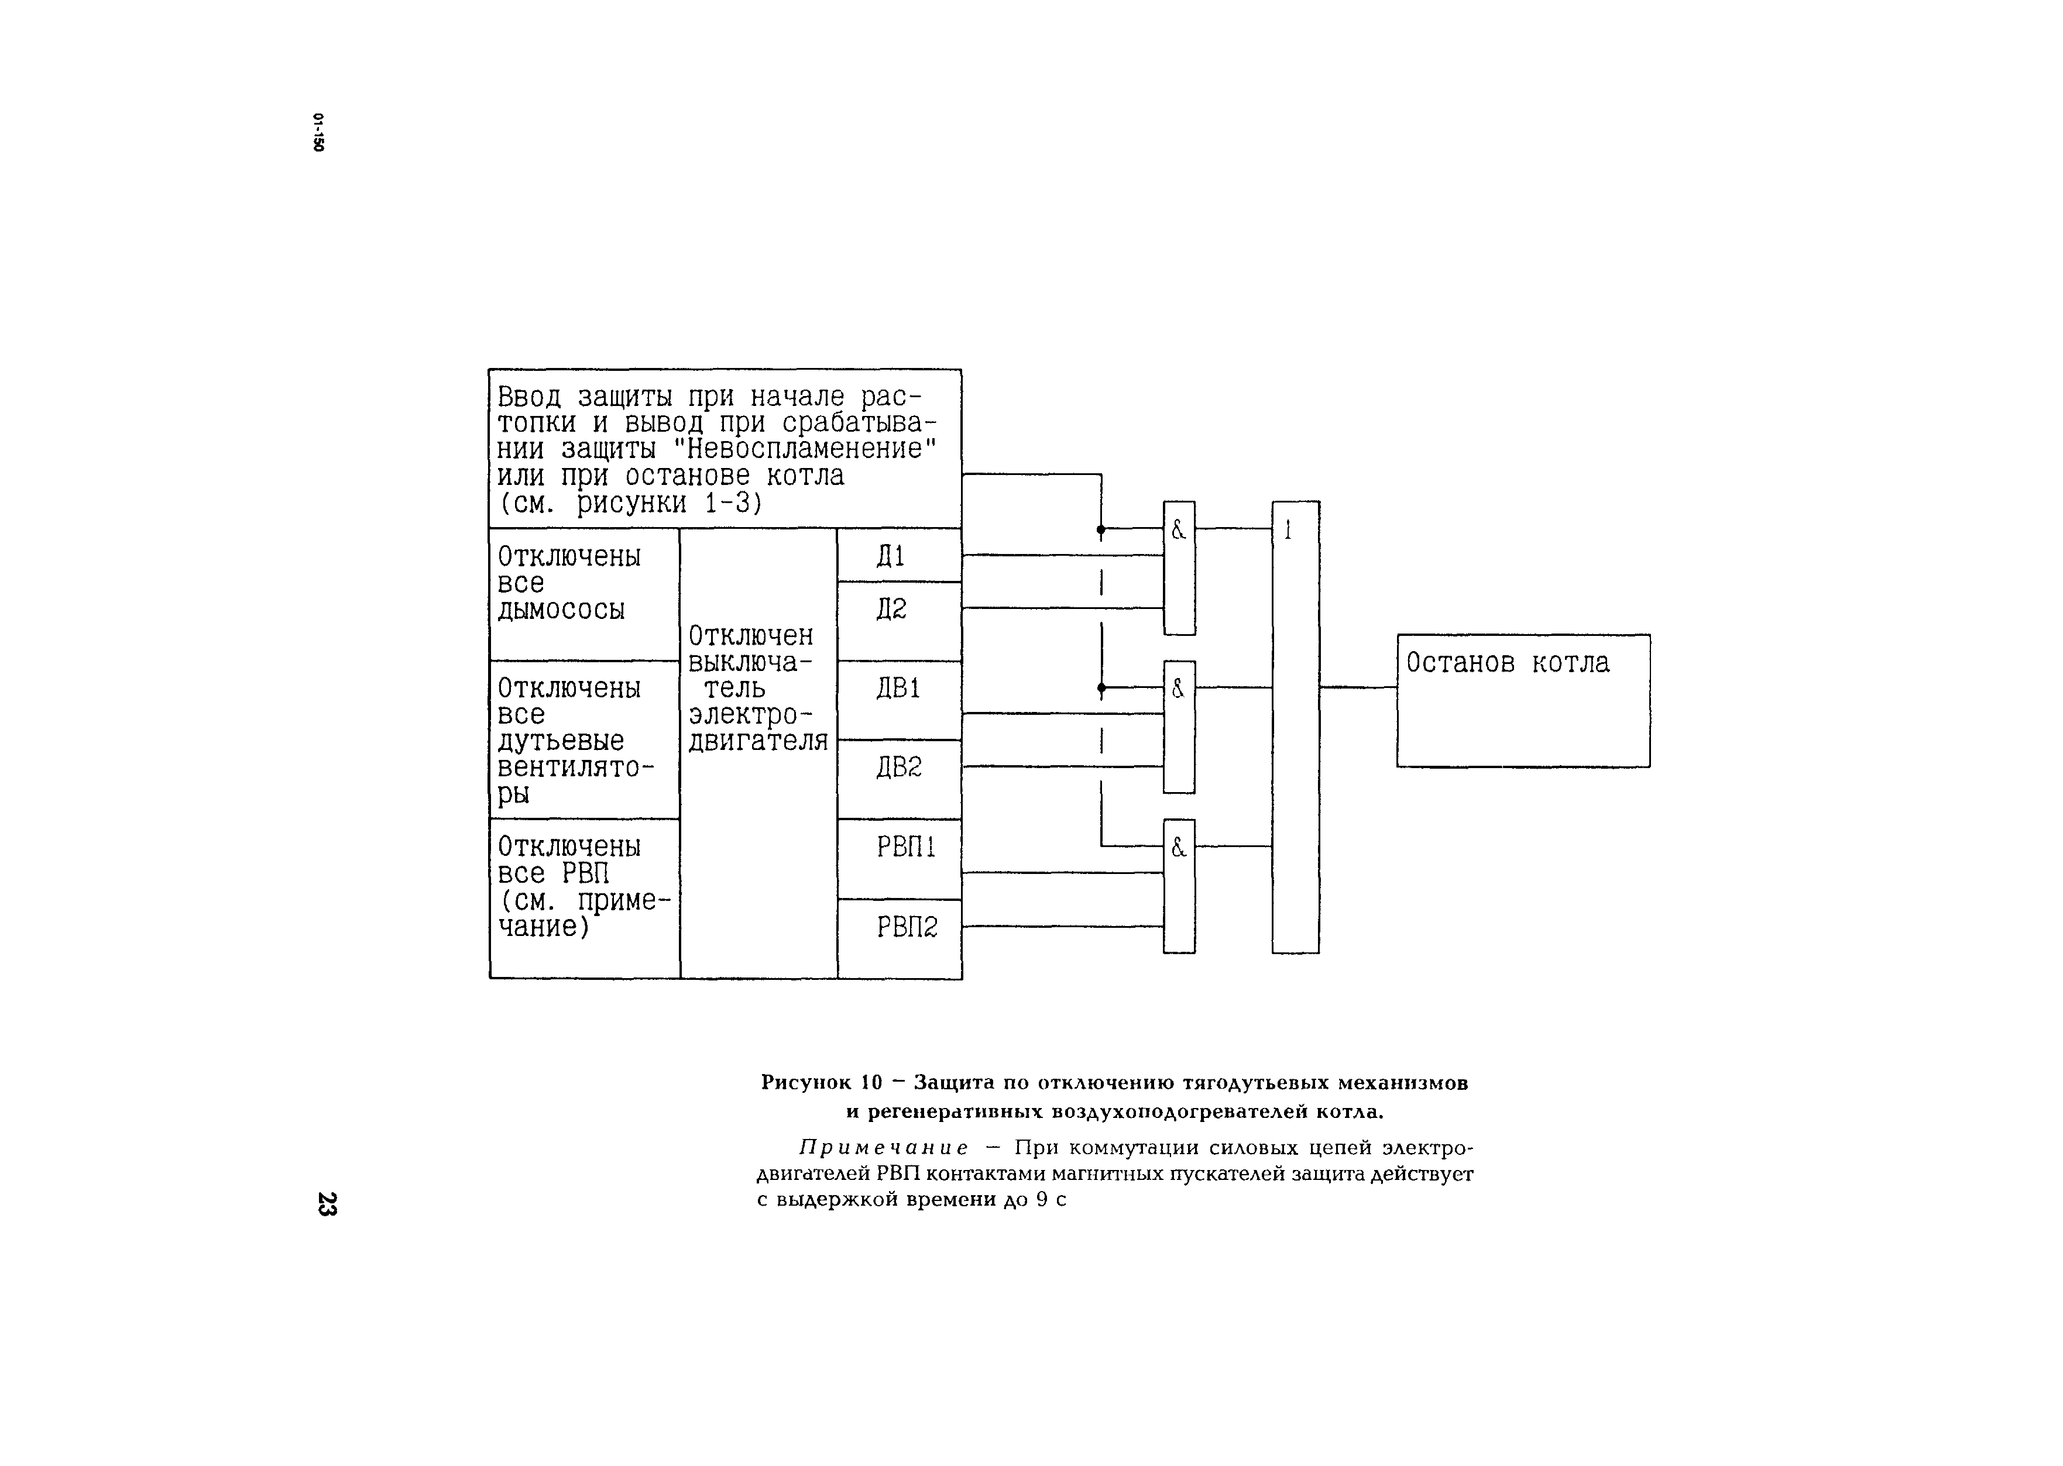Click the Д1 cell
pyautogui.click(x=898, y=555)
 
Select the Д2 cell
pyautogui.click(x=898, y=620)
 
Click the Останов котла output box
pyautogui.click(x=1522, y=700)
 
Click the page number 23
pyautogui.click(x=327, y=1204)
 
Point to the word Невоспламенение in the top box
pyautogui.click(x=806, y=449)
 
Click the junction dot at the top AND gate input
pyautogui.click(x=1101, y=529)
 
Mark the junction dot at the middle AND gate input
pyautogui.click(x=1101, y=688)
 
